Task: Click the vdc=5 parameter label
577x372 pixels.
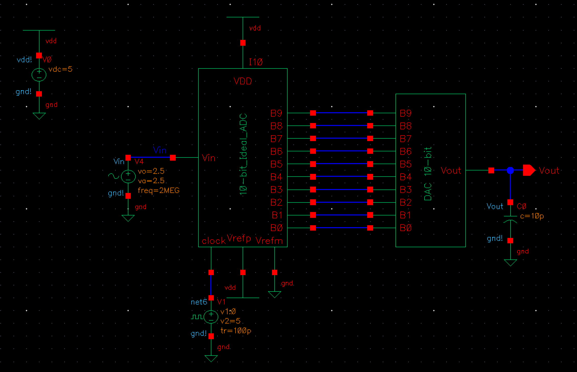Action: [x=61, y=69]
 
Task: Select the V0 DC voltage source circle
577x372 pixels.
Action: [x=39, y=75]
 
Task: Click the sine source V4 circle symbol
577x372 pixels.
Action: [x=128, y=176]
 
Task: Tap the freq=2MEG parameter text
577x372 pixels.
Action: [x=159, y=190]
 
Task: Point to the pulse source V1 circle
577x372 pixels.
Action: [x=211, y=317]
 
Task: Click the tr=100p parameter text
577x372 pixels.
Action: [x=236, y=331]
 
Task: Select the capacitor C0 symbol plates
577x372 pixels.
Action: [x=510, y=219]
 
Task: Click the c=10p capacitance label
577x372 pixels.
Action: [x=532, y=216]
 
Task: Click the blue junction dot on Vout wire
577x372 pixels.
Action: [x=510, y=170]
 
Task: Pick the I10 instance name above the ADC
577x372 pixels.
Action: [x=256, y=62]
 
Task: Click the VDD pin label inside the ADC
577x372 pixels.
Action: [x=243, y=81]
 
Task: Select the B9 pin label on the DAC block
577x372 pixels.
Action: [x=405, y=113]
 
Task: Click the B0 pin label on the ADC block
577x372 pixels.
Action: [x=277, y=228]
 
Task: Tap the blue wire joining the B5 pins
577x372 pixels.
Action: [x=341, y=164]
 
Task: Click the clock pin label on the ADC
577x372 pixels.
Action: [x=213, y=241]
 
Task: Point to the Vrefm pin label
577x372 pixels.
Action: [x=269, y=241]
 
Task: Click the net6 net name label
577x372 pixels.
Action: [x=199, y=302]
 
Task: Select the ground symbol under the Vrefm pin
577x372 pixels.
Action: [x=274, y=294]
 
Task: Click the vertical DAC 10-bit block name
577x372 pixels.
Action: [x=428, y=174]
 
